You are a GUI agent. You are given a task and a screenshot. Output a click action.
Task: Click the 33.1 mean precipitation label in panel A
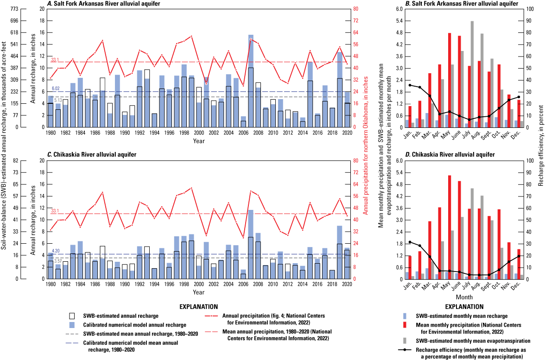(55, 60)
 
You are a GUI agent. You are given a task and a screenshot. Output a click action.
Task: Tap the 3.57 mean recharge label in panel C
(58, 261)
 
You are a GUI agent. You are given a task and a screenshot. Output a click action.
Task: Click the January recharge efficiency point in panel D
(409, 242)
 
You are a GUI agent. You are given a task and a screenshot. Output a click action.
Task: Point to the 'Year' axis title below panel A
(198, 140)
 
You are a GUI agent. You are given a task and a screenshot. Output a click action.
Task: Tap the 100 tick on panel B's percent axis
(531, 9)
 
